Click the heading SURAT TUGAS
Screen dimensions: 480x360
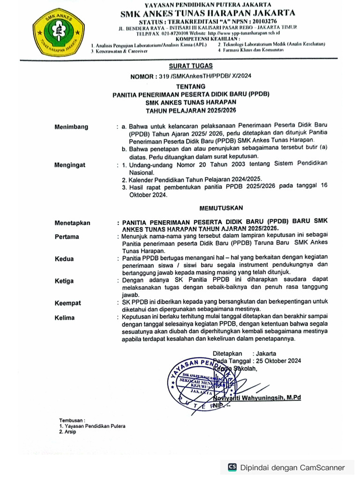point(190,66)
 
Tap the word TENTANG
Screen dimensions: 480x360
point(190,87)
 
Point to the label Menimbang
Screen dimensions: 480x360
point(71,127)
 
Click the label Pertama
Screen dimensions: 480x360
point(67,237)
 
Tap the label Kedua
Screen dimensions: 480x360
point(64,259)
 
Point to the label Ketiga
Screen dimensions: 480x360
point(64,281)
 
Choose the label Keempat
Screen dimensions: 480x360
point(67,303)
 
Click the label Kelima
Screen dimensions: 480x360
point(65,318)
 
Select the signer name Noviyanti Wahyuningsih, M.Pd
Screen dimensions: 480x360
point(257,398)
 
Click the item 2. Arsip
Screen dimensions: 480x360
point(67,432)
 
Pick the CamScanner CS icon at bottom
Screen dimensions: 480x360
point(232,467)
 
